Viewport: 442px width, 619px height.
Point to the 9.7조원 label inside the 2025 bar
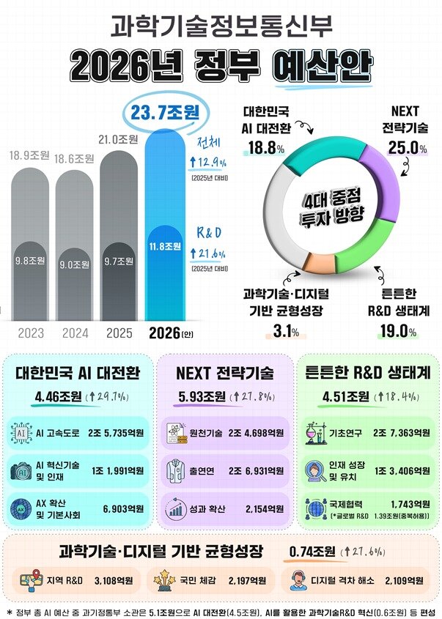(118, 261)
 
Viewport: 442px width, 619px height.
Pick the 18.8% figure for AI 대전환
(266, 148)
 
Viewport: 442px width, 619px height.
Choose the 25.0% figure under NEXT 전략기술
(408, 148)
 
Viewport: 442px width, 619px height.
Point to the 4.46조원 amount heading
(55, 398)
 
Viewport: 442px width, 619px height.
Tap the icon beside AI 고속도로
(21, 433)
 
